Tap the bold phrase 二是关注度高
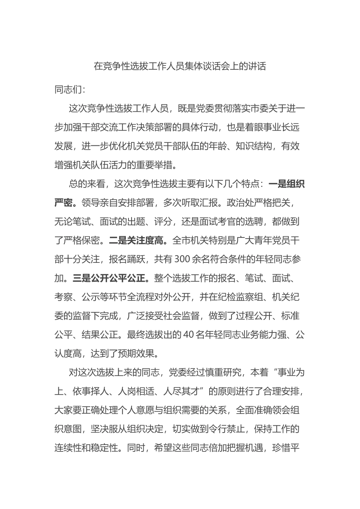click(137, 240)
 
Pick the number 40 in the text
click(189, 335)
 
